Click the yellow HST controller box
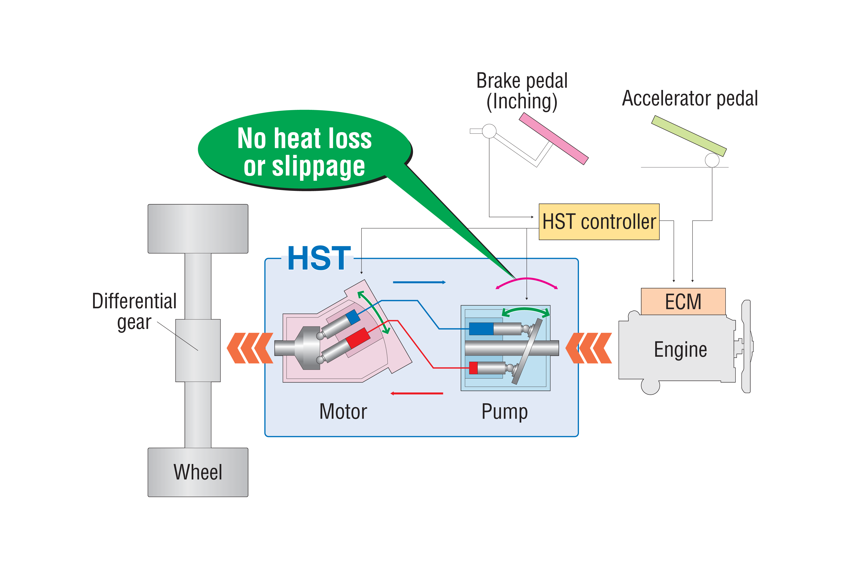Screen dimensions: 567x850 pos(599,222)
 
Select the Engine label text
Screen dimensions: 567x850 pos(680,350)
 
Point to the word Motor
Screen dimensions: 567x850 pos(343,412)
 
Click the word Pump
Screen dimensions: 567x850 pos(505,412)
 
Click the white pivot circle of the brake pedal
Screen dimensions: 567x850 pos(489,131)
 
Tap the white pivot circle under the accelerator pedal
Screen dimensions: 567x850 pos(712,160)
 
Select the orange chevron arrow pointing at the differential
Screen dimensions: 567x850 pos(250,348)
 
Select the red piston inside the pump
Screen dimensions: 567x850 pos(473,368)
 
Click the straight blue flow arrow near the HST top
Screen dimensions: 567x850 pos(419,282)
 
